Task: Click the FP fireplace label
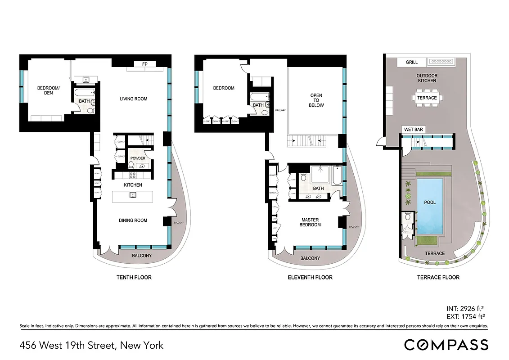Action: point(145,64)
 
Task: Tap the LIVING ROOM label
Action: point(133,99)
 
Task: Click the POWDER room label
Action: point(138,158)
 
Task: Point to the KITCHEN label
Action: point(133,185)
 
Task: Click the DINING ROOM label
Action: point(133,220)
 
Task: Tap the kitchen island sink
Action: point(133,195)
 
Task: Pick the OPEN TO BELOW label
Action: point(317,100)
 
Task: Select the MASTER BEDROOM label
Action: point(311,222)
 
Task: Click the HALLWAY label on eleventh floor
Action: point(281,110)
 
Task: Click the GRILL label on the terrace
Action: point(412,63)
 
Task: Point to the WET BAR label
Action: point(413,130)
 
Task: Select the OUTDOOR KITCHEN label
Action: point(427,78)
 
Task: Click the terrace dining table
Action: point(427,98)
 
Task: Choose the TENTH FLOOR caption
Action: point(134,277)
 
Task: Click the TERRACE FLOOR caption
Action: point(438,277)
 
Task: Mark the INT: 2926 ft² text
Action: point(464,309)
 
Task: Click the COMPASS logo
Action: point(446,345)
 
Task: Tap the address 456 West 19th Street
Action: point(91,346)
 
